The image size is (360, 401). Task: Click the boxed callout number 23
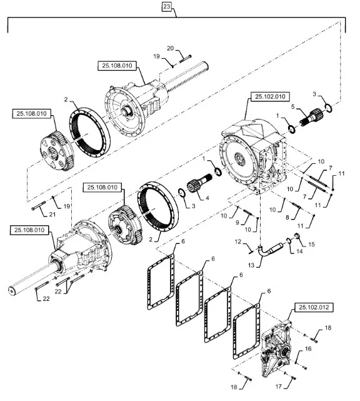click(x=166, y=7)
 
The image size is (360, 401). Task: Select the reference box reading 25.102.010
click(x=270, y=97)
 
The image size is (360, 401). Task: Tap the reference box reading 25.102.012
click(x=314, y=307)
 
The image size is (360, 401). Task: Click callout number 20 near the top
click(x=170, y=48)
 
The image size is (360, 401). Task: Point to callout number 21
click(x=52, y=215)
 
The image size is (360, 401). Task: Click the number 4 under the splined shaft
click(x=207, y=198)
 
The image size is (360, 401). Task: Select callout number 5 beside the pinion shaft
click(x=292, y=106)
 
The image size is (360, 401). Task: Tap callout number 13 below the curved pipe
click(x=251, y=265)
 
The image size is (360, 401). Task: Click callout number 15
click(x=311, y=245)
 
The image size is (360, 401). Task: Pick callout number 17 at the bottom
click(x=279, y=387)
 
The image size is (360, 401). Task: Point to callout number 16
click(x=308, y=349)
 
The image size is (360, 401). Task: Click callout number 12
click(x=238, y=241)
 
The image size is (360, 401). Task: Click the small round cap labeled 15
click(x=297, y=236)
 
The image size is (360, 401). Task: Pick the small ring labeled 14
click(x=289, y=241)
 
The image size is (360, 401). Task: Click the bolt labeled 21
click(x=39, y=206)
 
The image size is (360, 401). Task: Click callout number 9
click(x=237, y=223)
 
